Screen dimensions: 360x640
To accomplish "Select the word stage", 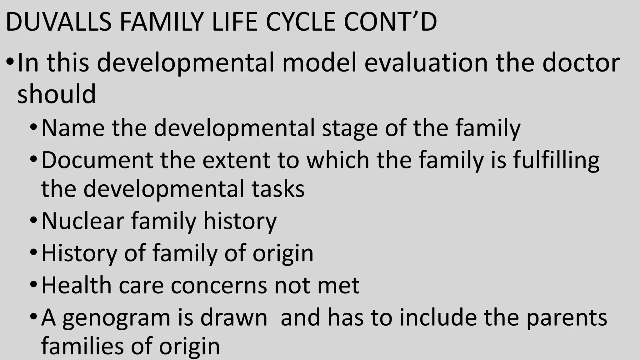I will [x=350, y=128].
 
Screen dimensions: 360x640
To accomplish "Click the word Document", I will [x=97, y=160].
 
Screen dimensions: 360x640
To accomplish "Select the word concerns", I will [x=219, y=286].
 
